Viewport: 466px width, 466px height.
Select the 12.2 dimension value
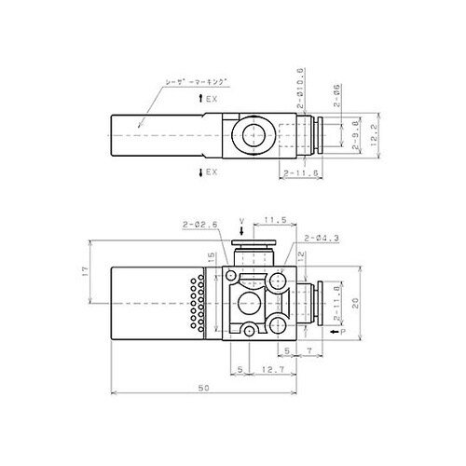372,133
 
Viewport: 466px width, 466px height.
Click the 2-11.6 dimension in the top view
300,173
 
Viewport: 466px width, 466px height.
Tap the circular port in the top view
252,133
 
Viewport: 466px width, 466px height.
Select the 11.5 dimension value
274,221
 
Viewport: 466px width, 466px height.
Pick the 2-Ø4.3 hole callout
321,239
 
